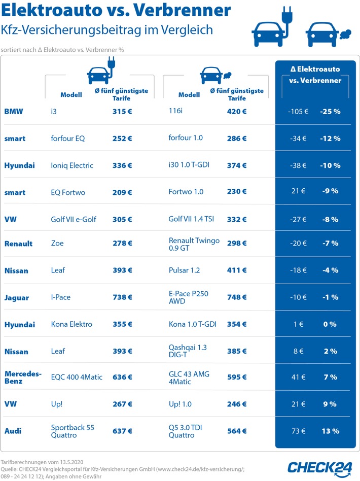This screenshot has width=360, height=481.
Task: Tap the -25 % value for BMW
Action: pyautogui.click(x=330, y=111)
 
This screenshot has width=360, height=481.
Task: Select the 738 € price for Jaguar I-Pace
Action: pyautogui.click(x=122, y=297)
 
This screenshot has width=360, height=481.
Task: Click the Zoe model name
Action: pyautogui.click(x=57, y=243)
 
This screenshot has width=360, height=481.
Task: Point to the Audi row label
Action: pyautogui.click(x=13, y=431)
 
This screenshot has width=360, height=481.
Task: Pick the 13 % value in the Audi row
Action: pyautogui.click(x=330, y=431)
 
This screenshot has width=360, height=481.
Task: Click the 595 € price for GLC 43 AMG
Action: pyautogui.click(x=237, y=377)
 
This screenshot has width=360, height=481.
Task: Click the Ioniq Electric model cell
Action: pyautogui.click(x=72, y=165)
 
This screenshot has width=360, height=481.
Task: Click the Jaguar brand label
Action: pyautogui.click(x=17, y=297)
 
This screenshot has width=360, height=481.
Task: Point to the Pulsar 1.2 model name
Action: pyautogui.click(x=185, y=270)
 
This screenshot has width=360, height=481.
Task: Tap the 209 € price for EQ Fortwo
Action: pyautogui.click(x=122, y=192)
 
